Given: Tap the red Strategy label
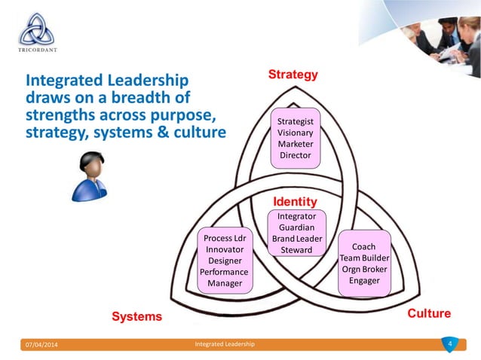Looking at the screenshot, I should (293, 75).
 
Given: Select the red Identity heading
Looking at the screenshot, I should (294, 203).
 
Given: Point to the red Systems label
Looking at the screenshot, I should (137, 316).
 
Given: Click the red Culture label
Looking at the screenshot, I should (429, 313).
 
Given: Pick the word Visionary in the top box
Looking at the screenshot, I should (296, 132).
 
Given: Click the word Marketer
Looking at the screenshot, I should (296, 144).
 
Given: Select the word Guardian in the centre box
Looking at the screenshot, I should (296, 227).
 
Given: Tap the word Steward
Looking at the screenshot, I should (296, 250).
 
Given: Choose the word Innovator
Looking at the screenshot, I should (224, 249).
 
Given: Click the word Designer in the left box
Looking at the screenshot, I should (224, 261).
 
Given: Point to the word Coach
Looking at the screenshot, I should (364, 247).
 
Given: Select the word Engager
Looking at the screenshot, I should (364, 281).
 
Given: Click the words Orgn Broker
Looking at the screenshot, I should (364, 270).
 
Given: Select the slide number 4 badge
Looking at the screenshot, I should (449, 344).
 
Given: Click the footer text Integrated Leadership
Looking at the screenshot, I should (225, 345).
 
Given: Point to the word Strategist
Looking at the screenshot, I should (296, 121).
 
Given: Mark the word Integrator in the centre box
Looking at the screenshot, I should (296, 216).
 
